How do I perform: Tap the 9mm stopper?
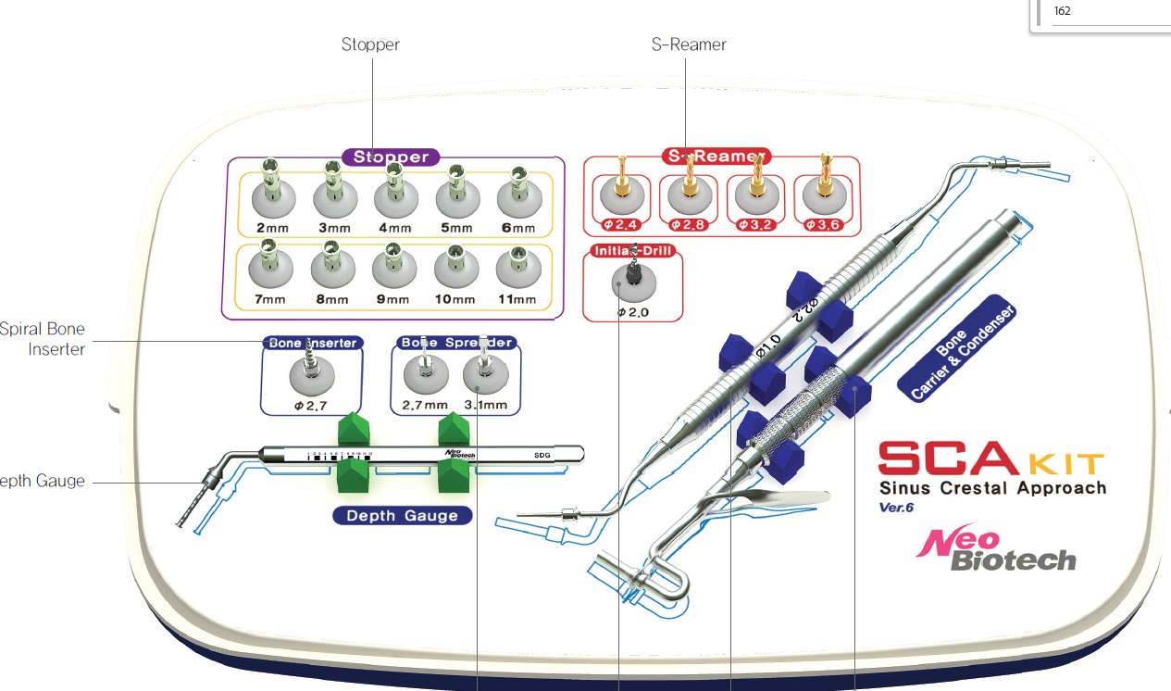392,264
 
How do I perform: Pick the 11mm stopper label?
517,299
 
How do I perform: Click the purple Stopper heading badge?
391,157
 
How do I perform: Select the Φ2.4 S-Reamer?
623,185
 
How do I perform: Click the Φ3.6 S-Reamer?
824,185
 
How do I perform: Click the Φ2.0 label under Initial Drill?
633,313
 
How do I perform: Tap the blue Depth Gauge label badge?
403,515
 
